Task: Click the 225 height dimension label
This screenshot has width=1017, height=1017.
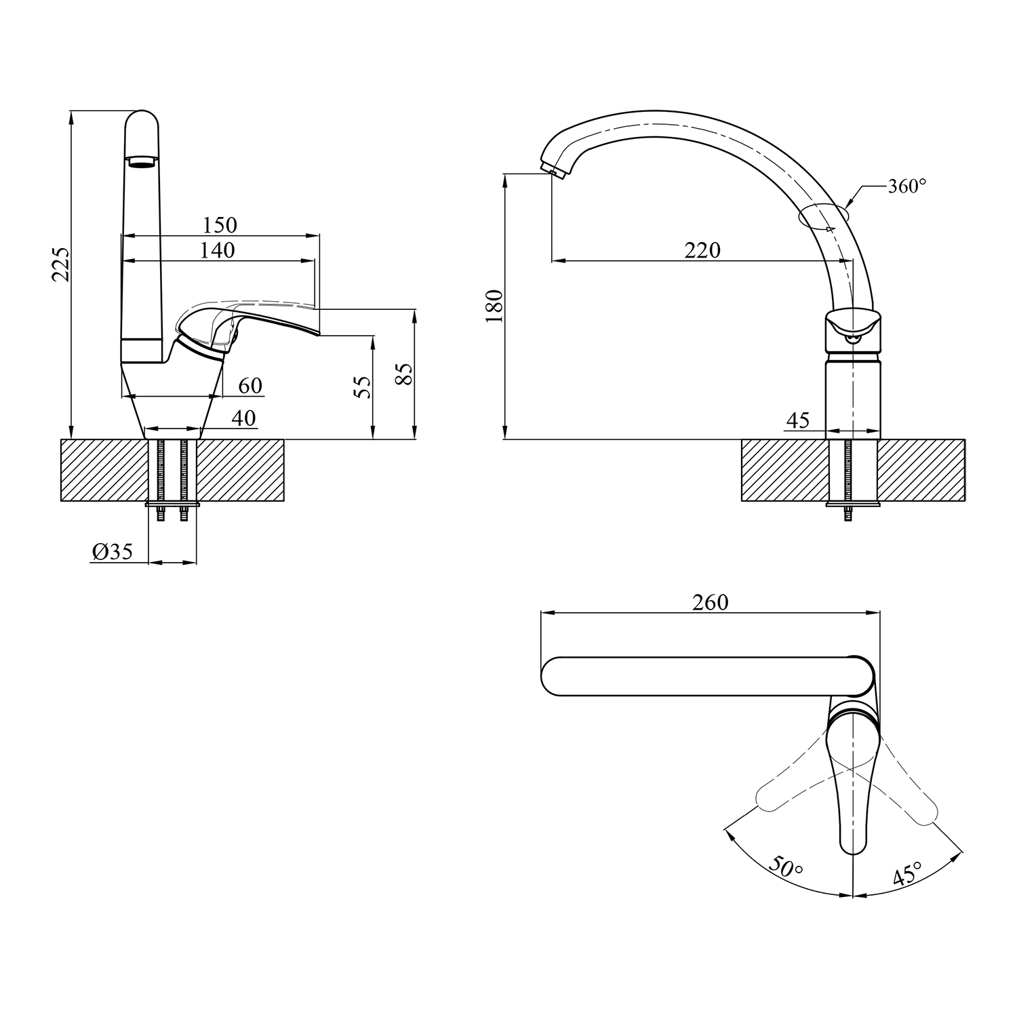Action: (60, 264)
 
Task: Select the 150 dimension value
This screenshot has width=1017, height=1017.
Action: (220, 224)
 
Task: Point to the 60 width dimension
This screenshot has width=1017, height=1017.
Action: (250, 385)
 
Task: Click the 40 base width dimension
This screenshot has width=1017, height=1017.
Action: (243, 418)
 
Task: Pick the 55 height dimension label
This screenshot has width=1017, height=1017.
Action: (363, 387)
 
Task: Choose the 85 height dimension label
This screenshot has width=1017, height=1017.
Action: (404, 374)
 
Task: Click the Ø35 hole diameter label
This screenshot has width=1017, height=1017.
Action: (112, 552)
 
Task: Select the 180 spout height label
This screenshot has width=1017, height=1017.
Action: (495, 305)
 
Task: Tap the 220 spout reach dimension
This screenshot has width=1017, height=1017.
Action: (702, 250)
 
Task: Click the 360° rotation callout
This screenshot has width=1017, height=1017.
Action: (907, 186)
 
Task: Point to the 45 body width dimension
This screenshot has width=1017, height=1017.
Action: (798, 420)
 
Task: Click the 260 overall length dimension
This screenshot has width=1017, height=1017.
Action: (710, 602)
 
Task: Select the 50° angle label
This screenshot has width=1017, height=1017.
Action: (786, 867)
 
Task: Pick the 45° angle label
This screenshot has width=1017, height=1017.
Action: (908, 874)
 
